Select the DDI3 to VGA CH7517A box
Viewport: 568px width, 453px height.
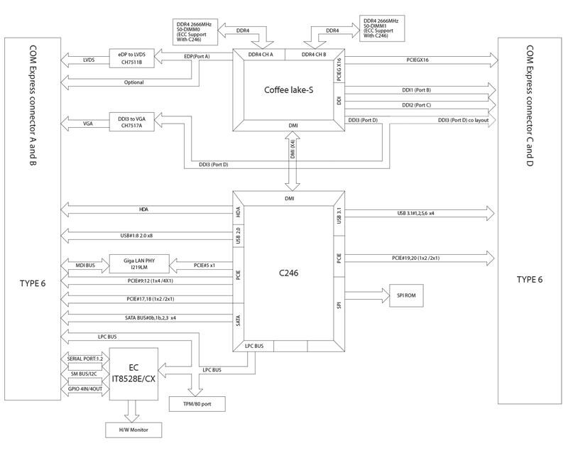[136, 122]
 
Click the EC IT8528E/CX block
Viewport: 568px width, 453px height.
[135, 373]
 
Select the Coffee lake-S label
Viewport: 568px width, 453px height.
[288, 89]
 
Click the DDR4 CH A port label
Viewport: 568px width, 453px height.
[258, 55]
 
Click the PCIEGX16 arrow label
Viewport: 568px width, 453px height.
[417, 60]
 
